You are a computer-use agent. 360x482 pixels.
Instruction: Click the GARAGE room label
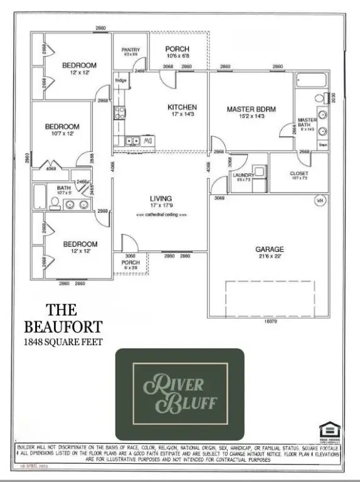(270, 249)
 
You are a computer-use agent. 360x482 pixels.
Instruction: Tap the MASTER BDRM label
(251, 109)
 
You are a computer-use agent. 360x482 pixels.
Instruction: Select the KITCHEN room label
(183, 107)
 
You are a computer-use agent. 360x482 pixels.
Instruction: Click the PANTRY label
(131, 50)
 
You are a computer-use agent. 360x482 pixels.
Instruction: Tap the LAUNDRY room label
(243, 175)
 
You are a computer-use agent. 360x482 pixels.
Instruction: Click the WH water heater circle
(319, 201)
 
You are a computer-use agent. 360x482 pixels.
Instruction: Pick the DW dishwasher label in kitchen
(149, 141)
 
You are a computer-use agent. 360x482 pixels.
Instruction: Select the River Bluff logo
(179, 387)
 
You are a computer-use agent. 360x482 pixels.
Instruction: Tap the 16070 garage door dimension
(270, 321)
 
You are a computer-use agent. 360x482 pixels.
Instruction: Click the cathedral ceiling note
(161, 214)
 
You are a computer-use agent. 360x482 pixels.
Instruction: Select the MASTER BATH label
(307, 122)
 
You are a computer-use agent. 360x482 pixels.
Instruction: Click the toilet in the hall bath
(55, 202)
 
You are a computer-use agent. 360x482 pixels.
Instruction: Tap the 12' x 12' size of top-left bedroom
(79, 73)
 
